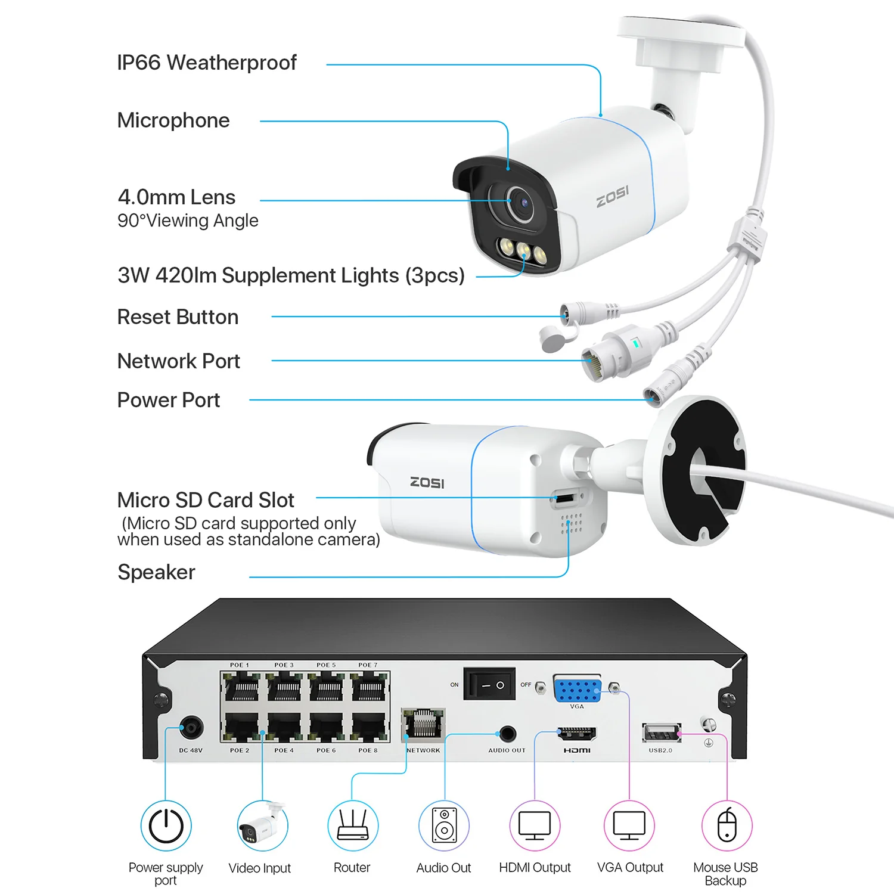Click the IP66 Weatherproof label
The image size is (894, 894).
(206, 63)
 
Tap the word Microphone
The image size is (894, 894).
(173, 120)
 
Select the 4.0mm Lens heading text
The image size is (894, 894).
(176, 197)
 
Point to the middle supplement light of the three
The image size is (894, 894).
(523, 250)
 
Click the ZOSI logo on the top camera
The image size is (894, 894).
(612, 195)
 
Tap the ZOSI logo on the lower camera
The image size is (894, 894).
(427, 482)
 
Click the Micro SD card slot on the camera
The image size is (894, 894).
(565, 497)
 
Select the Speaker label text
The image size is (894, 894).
(156, 572)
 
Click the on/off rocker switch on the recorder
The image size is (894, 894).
(489, 685)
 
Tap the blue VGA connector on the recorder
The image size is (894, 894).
(576, 690)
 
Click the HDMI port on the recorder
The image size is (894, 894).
(576, 734)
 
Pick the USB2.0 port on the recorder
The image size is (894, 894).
(660, 732)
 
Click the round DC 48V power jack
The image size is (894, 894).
(191, 728)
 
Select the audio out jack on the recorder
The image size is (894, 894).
(507, 733)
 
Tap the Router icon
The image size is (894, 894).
(352, 826)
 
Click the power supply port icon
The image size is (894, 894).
(166, 826)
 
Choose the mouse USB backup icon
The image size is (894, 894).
(727, 826)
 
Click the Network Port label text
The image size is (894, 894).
(178, 361)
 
